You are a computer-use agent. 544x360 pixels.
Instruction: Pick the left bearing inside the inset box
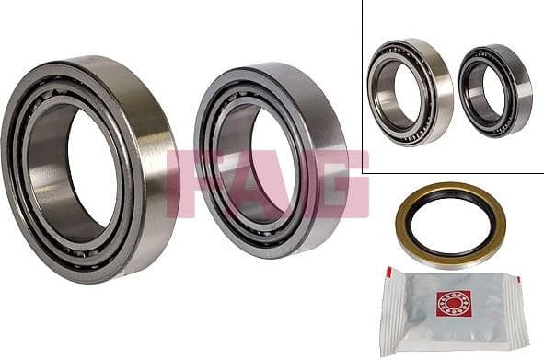[409, 91]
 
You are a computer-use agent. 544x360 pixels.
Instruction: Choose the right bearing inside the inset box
[494, 89]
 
